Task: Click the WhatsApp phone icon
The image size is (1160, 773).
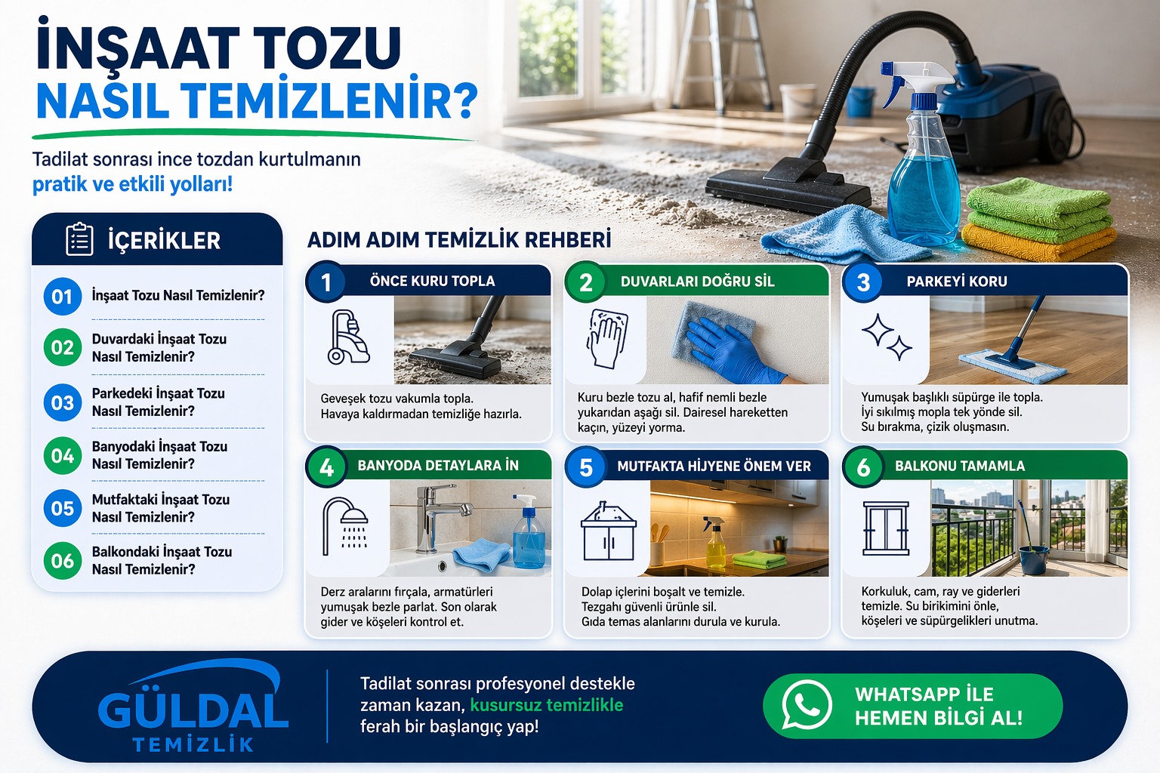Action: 807,705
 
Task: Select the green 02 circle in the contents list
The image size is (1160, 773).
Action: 63,348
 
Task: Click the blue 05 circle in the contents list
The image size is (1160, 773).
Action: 63,509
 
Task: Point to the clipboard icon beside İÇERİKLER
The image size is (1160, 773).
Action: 79,240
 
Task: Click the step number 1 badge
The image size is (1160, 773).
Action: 326,282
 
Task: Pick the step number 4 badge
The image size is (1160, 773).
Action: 326,467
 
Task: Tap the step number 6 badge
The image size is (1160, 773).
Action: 863,467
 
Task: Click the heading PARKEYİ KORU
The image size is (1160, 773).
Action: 956,282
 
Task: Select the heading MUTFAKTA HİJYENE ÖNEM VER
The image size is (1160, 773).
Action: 713,467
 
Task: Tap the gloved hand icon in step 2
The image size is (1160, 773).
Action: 607,337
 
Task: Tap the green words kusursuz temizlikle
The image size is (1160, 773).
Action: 546,705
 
